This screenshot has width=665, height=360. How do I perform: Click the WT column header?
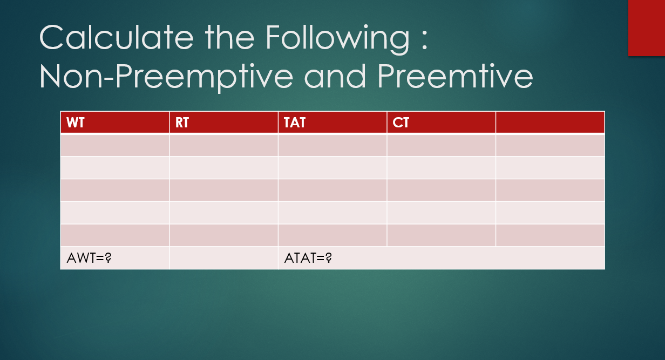tap(115, 123)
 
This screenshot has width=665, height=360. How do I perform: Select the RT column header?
tap(223, 123)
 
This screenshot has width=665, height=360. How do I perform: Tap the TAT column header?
tap(332, 123)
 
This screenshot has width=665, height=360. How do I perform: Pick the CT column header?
tap(442, 123)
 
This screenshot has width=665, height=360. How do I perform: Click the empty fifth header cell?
tap(550, 123)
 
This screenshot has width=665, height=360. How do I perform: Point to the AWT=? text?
tap(89, 258)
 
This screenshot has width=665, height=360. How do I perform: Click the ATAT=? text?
tap(308, 258)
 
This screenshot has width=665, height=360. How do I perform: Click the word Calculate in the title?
tap(117, 37)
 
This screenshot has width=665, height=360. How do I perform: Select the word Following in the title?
tap(337, 39)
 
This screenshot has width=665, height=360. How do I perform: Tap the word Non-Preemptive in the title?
tap(166, 77)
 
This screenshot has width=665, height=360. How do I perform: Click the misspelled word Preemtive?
tap(455, 76)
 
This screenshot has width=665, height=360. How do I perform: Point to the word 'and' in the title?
tap(335, 76)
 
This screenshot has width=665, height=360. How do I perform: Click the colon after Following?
tap(424, 41)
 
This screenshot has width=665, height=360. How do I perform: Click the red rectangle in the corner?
tap(647, 28)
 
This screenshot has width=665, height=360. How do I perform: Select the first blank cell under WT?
tap(115, 145)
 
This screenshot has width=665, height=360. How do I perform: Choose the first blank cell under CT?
tap(442, 145)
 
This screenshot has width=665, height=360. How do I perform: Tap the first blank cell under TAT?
tap(332, 145)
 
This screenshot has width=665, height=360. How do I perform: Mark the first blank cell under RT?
tap(223, 145)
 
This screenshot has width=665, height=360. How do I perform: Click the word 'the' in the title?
tap(229, 37)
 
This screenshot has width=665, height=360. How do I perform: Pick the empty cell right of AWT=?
tap(223, 258)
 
